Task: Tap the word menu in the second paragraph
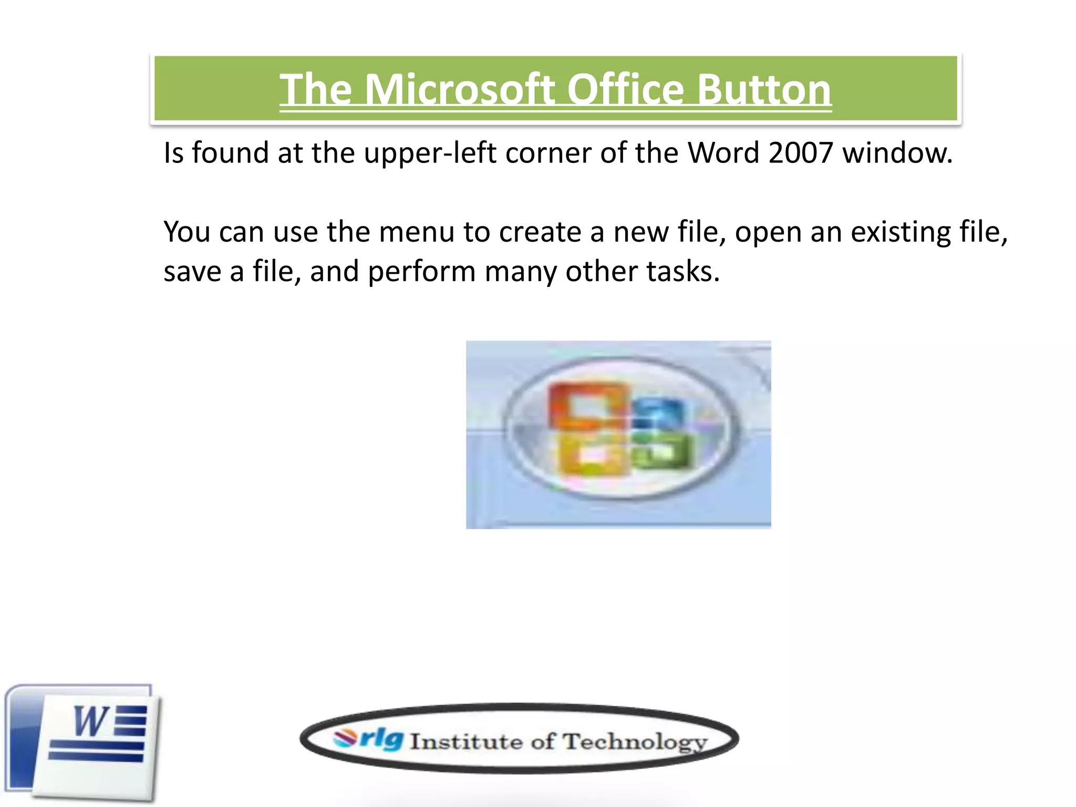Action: click(416, 232)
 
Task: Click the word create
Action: click(540, 232)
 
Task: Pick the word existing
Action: click(901, 232)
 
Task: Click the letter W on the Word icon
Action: click(90, 722)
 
